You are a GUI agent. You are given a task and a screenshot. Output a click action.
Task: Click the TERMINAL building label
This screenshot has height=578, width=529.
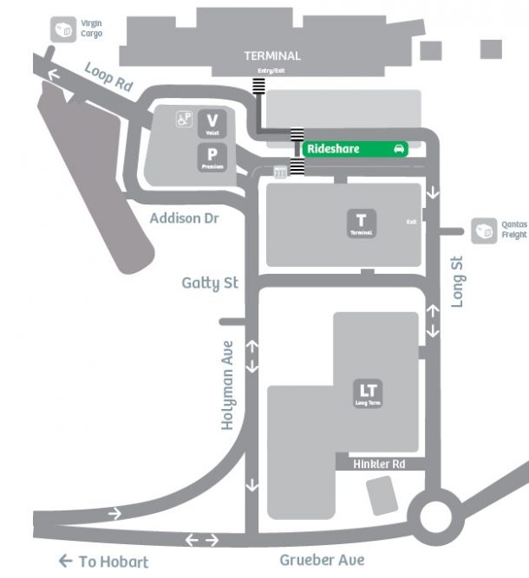(x=272, y=55)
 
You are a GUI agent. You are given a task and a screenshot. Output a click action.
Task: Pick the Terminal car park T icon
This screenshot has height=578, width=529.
(x=362, y=224)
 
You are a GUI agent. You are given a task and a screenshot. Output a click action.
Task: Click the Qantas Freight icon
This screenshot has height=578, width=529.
(x=482, y=230)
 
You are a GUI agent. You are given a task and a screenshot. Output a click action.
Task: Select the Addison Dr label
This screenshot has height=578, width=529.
(x=183, y=218)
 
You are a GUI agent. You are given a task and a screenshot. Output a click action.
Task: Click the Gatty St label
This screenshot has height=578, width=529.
(x=210, y=283)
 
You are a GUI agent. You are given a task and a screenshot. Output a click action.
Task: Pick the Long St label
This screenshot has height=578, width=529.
(x=459, y=279)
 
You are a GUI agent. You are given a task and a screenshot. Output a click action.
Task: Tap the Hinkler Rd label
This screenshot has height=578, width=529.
(x=379, y=464)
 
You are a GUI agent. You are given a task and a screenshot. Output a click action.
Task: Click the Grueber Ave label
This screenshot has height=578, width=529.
(x=322, y=560)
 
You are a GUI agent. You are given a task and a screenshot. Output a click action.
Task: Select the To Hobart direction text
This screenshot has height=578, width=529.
(x=104, y=562)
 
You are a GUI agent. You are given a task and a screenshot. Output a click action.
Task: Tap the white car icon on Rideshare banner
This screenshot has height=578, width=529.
(x=399, y=149)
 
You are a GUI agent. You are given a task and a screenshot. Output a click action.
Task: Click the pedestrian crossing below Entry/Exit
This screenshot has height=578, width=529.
(x=258, y=86)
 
